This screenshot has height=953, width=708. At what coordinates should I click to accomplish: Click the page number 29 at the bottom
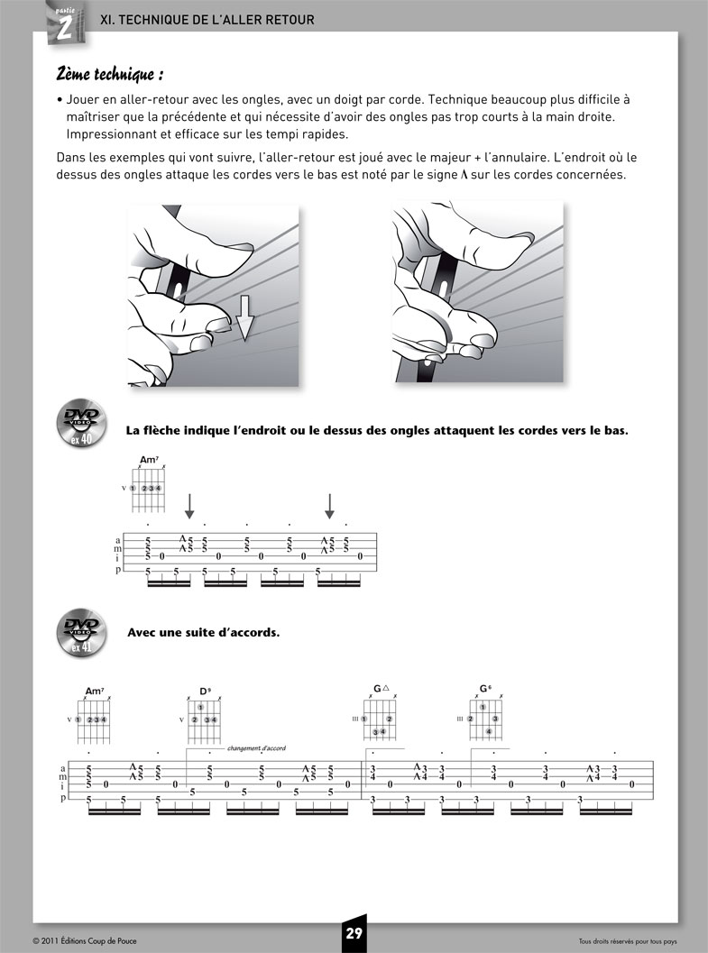tap(354, 934)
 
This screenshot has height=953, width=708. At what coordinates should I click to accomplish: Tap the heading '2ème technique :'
tap(110, 73)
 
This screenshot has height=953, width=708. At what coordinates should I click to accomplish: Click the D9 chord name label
tap(205, 692)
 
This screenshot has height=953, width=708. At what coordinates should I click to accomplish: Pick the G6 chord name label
tap(485, 688)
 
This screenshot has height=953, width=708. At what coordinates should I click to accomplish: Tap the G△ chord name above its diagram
tap(381, 688)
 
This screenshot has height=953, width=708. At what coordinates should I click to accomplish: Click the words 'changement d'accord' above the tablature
tap(257, 747)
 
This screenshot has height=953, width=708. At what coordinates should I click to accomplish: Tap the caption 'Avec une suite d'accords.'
tap(204, 631)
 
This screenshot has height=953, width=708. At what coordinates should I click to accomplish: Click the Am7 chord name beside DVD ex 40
tap(150, 461)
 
